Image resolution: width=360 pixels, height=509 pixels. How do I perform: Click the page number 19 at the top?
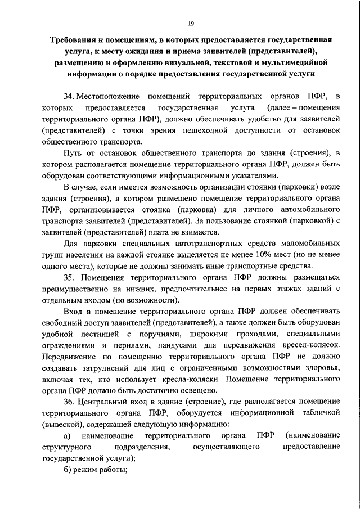pos(191,23)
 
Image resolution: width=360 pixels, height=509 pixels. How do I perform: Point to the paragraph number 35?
pos(69,278)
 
